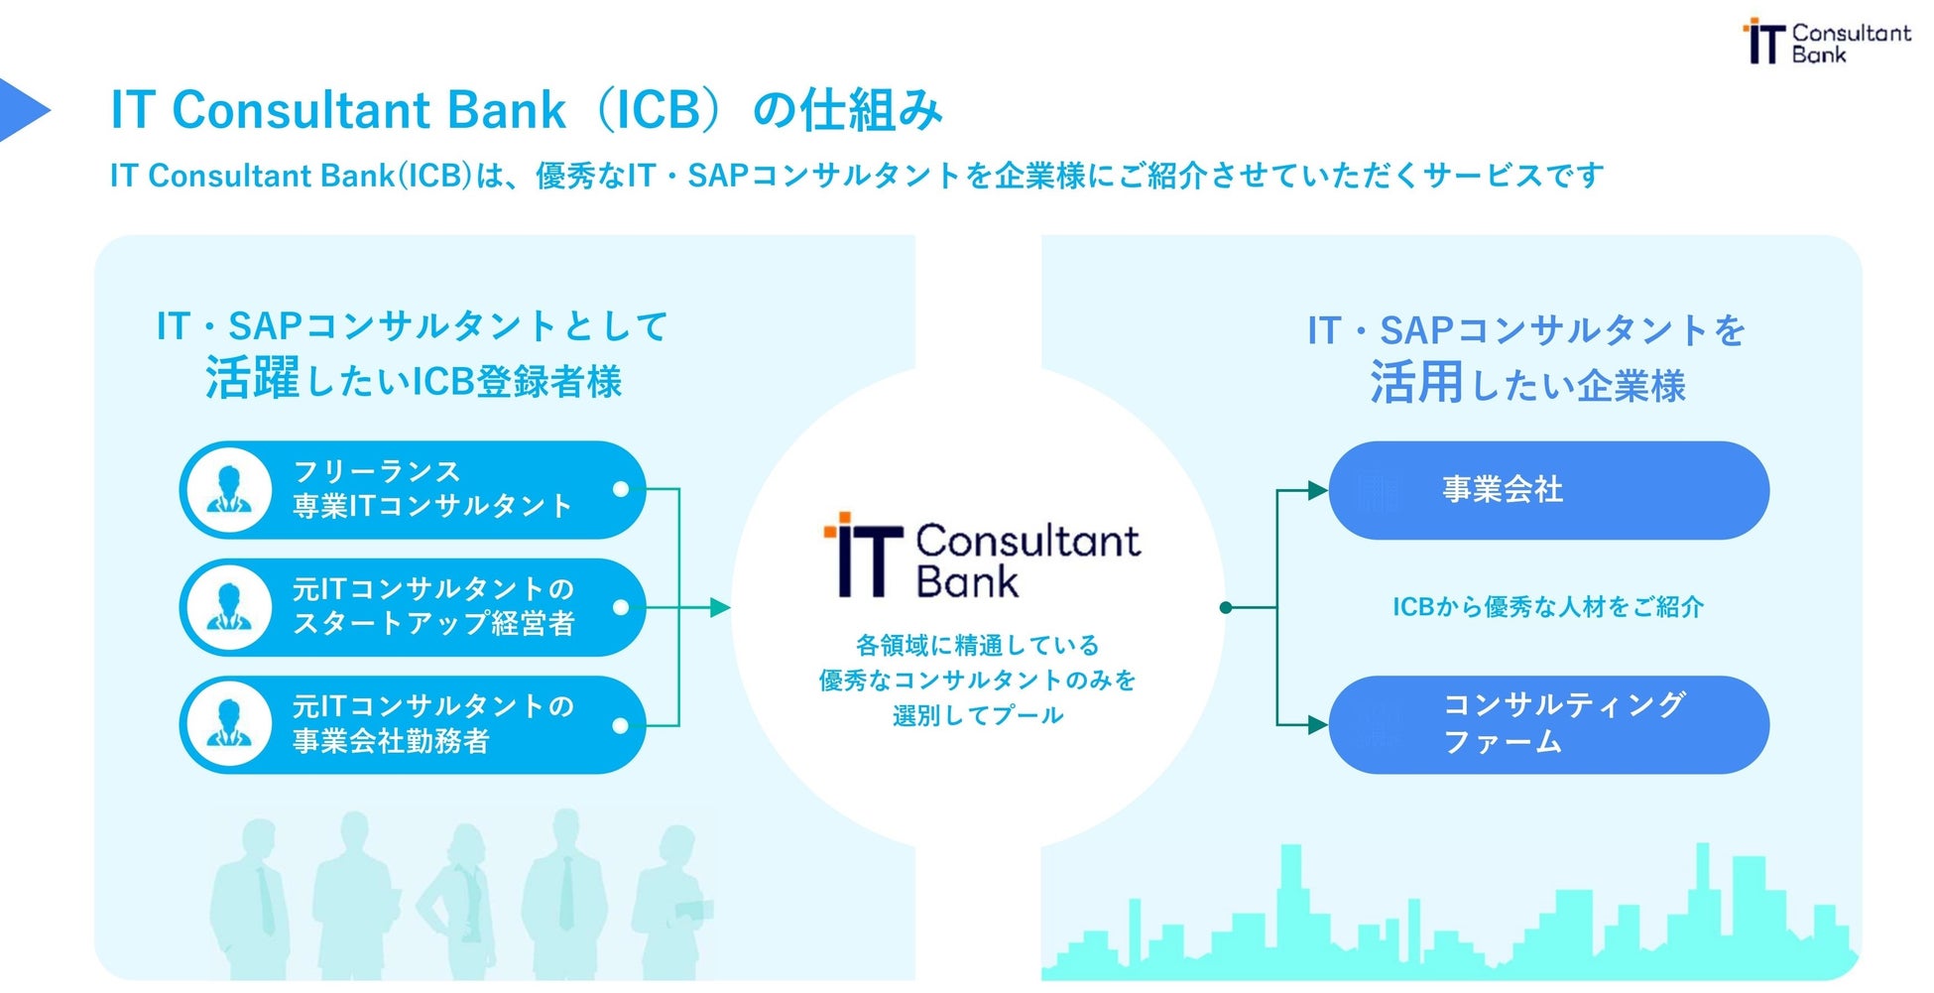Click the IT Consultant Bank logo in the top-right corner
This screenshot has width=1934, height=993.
[x=1826, y=42]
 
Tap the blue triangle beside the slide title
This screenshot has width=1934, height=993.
[x=22, y=109]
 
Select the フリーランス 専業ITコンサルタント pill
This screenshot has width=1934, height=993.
[x=413, y=490]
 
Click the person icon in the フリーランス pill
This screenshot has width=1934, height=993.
[x=229, y=490]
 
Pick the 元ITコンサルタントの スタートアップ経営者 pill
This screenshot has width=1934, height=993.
[x=413, y=607]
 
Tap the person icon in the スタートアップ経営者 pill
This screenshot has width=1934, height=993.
[x=229, y=607]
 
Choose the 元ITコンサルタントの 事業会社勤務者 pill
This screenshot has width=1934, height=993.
[x=413, y=725]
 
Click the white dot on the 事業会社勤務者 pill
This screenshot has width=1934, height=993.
[x=621, y=725]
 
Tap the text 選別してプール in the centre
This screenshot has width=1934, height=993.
[x=978, y=715]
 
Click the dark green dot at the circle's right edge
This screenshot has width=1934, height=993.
[x=1226, y=607]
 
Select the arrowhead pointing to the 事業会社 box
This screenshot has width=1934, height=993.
[x=1317, y=490]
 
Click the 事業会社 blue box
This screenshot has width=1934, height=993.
[x=1548, y=490]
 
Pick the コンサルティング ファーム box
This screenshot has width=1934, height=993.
[x=1548, y=725]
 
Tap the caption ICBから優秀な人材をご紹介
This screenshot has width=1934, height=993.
[x=1547, y=607]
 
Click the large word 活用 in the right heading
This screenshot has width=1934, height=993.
[x=1416, y=383]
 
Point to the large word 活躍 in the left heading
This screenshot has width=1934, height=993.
[x=252, y=379]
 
